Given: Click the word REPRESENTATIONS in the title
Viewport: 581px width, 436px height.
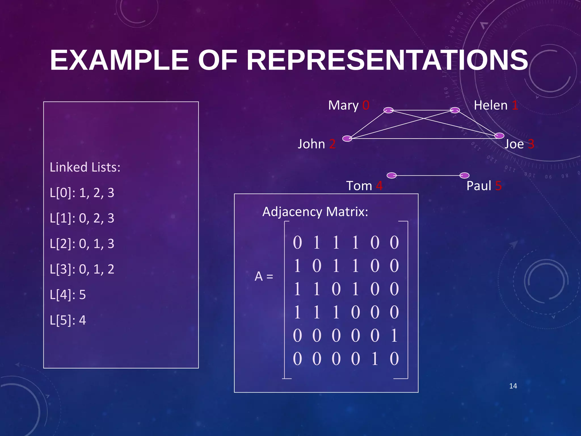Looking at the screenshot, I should pos(387,60).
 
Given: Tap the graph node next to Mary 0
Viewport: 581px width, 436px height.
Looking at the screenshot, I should pos(388,110).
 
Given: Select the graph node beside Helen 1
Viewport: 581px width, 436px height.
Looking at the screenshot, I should pos(455,110).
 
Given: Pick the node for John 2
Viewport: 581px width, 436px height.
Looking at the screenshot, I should pos(347,139).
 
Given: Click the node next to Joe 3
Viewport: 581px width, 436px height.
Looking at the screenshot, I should pos(499,136).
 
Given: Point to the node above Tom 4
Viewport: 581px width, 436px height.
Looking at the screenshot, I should pos(391,175).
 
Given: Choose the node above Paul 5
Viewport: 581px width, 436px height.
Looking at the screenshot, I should pos(464,175).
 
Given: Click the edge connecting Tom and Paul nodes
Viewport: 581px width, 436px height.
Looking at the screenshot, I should pos(428,176).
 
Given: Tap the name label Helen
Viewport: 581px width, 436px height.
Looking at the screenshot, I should pos(491,106).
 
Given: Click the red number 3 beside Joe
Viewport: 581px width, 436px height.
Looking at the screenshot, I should pos(531,144).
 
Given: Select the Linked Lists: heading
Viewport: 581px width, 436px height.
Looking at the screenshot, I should pos(85,167).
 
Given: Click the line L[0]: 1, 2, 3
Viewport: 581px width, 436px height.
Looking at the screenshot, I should pos(82,193).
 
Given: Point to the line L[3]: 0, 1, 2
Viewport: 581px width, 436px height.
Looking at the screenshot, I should pos(82,269).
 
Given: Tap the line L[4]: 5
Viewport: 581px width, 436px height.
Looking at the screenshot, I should pos(68,295).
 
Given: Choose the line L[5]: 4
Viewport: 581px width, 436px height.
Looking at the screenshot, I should pos(68,320).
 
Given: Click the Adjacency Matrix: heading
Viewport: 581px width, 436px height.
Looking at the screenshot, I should pos(315,212).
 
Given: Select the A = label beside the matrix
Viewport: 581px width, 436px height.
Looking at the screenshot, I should pos(264,276).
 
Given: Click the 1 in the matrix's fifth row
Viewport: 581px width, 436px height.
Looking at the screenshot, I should pos(394,336).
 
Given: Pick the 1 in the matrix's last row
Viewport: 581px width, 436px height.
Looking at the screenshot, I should pos(375,359).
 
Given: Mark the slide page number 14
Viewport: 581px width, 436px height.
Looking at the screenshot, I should pos(513,386).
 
